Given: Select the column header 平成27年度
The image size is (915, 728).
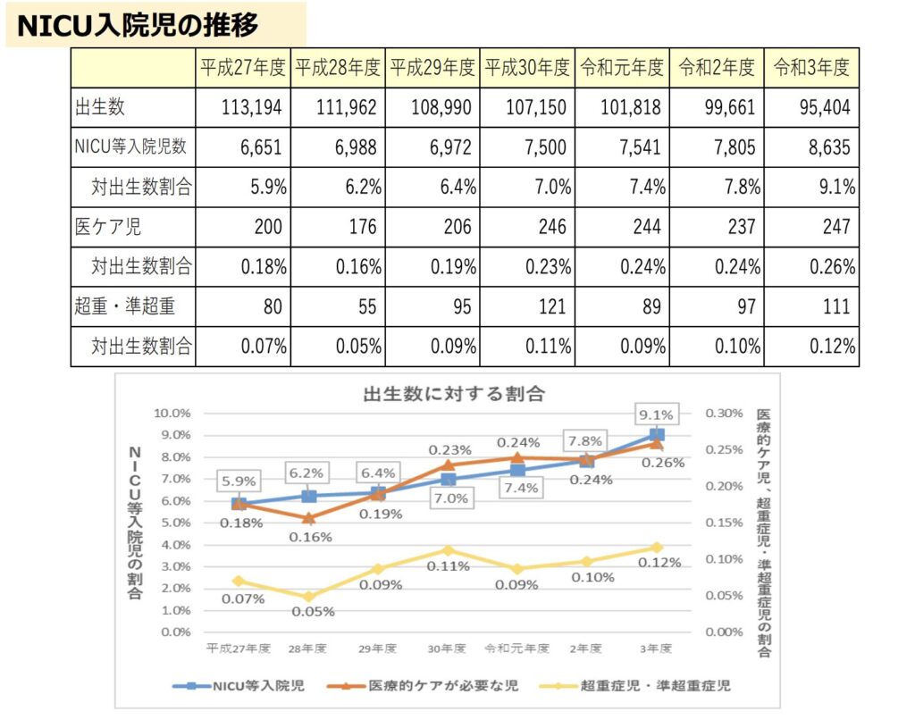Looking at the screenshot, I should pyautogui.click(x=243, y=67).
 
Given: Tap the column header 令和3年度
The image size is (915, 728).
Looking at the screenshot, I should pyautogui.click(x=810, y=67).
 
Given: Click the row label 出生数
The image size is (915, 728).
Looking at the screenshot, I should pyautogui.click(x=100, y=107).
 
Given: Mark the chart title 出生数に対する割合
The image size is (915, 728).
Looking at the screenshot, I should pyautogui.click(x=453, y=393).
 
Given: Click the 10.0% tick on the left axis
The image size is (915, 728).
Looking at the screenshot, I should pyautogui.click(x=172, y=414).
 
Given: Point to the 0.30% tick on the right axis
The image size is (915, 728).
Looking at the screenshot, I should pyautogui.click(x=725, y=414).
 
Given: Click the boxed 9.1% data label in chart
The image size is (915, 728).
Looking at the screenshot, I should pyautogui.click(x=657, y=414).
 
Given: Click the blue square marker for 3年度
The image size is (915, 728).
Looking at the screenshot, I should pyautogui.click(x=657, y=435).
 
